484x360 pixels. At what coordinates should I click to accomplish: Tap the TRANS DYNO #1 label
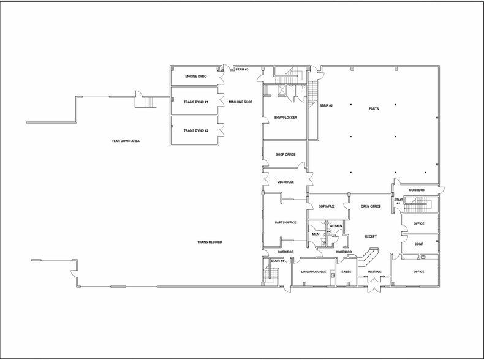tap(196, 102)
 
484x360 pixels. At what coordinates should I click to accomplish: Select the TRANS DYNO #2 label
tap(196, 130)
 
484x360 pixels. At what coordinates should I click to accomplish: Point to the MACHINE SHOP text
tap(240, 102)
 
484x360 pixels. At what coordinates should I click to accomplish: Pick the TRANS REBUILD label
tap(209, 242)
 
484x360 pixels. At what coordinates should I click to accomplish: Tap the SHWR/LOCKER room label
tap(286, 118)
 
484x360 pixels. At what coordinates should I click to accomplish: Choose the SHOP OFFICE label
tap(285, 154)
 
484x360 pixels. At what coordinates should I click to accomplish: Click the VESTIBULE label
tap(286, 182)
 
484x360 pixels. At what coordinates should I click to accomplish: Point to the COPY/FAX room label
tap(326, 206)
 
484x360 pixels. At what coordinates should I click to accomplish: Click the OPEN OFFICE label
tap(371, 206)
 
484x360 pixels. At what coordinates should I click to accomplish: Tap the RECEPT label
tap(370, 236)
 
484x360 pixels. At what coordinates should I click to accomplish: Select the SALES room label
tap(346, 271)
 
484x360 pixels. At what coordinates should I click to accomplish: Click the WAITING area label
tap(375, 271)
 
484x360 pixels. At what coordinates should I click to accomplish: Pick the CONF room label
tap(419, 244)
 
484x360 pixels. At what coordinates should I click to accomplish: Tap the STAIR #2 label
tap(326, 106)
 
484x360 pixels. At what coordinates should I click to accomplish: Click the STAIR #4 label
tap(277, 261)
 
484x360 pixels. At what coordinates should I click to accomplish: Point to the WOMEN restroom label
tap(336, 226)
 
